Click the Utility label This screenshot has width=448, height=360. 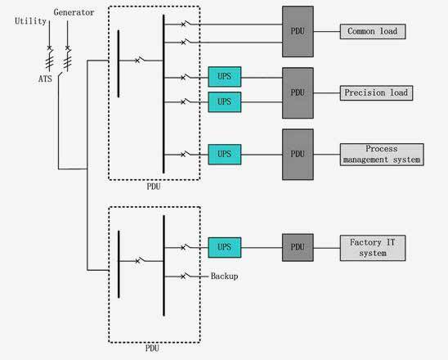pos(30,21)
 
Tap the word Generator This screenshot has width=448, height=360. pos(74,12)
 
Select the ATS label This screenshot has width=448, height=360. pos(45,79)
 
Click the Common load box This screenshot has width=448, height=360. pos(373,31)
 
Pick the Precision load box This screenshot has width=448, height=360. pos(376,93)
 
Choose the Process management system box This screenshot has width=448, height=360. pos(382,155)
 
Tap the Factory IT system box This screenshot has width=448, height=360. pos(373,248)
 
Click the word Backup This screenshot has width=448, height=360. pos(224,277)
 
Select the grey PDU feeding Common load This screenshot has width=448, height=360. pos(298,31)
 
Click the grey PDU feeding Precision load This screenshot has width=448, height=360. pos(298,93)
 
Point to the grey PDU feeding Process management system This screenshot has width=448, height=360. pos(298,155)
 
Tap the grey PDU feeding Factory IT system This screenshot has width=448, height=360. pos(298,248)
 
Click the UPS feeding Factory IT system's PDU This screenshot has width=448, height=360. pos(225,247)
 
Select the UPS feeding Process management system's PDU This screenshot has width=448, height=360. pos(225,155)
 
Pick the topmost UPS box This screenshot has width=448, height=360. pos(225,77)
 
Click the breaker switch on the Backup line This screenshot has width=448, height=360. pos(186,276)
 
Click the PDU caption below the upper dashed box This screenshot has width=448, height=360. pos(154,187)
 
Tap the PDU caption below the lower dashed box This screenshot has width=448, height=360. pos(152,349)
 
